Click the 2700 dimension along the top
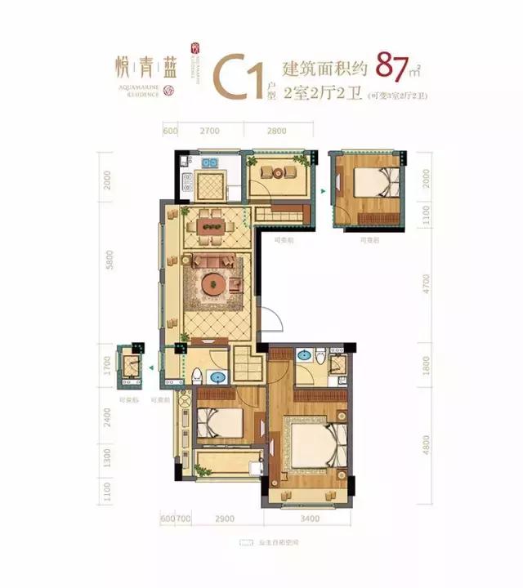tap(209, 131)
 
